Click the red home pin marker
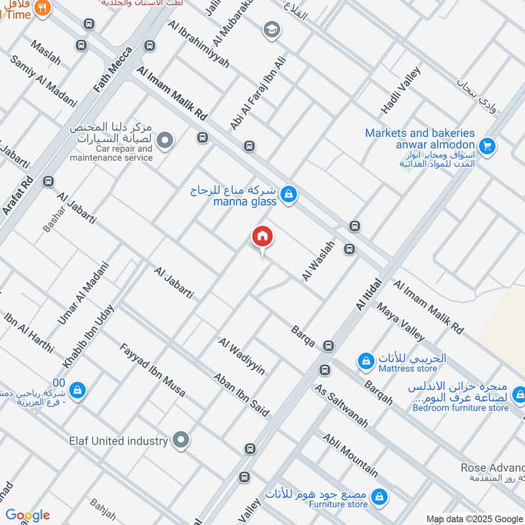pyautogui.click(x=262, y=237)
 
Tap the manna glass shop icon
pyautogui.click(x=288, y=194)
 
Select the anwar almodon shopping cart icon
pyautogui.click(x=486, y=146)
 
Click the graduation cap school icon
pyautogui.click(x=271, y=30)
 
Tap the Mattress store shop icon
pyautogui.click(x=366, y=360)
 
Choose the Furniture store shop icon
pyautogui.click(x=378, y=498)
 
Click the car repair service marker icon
pyautogui.click(x=165, y=140)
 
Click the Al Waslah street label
pyautogui.click(x=318, y=261)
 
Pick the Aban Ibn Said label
pyautogui.click(x=241, y=394)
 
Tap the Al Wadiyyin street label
pyautogui.click(x=242, y=357)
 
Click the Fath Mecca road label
pyautogui.click(x=113, y=68)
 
